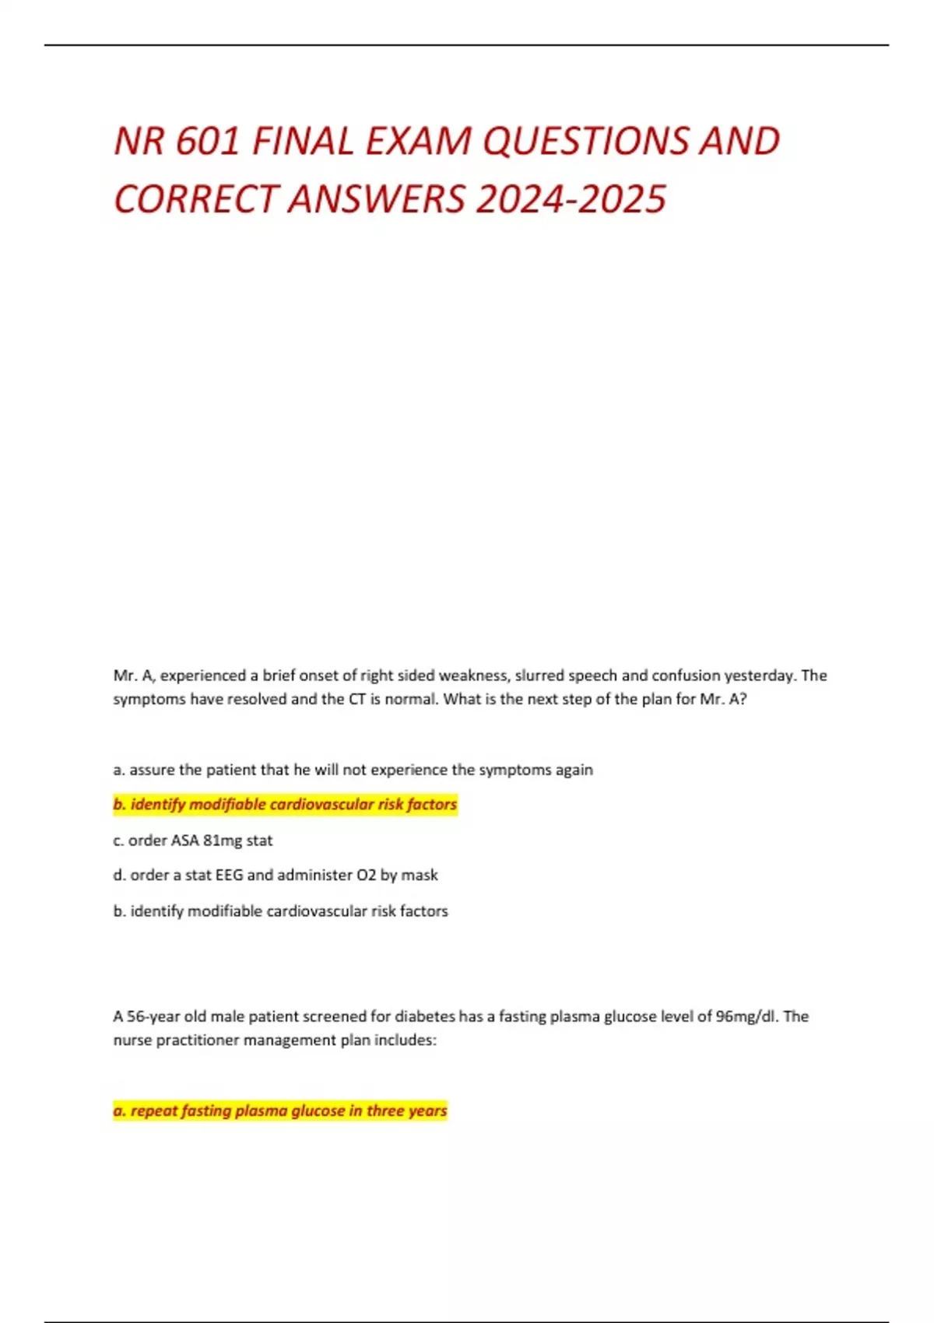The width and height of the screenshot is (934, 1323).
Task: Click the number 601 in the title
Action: coord(208,142)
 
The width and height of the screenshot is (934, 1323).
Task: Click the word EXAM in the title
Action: coord(419,142)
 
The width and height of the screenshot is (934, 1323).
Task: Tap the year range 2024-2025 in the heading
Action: coord(571,199)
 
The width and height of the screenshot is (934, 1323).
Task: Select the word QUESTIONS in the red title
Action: coord(585,142)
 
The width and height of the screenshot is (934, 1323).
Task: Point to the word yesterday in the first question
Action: coord(759,676)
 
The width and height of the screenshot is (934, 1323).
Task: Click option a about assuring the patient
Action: coord(353,770)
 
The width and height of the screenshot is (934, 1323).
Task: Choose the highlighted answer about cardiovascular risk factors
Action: coord(285,804)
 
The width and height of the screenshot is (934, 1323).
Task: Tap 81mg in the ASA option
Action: coord(222,840)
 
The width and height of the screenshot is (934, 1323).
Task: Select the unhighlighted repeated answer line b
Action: coord(280,911)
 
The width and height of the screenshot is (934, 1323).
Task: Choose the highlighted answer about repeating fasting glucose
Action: coord(280,1111)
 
